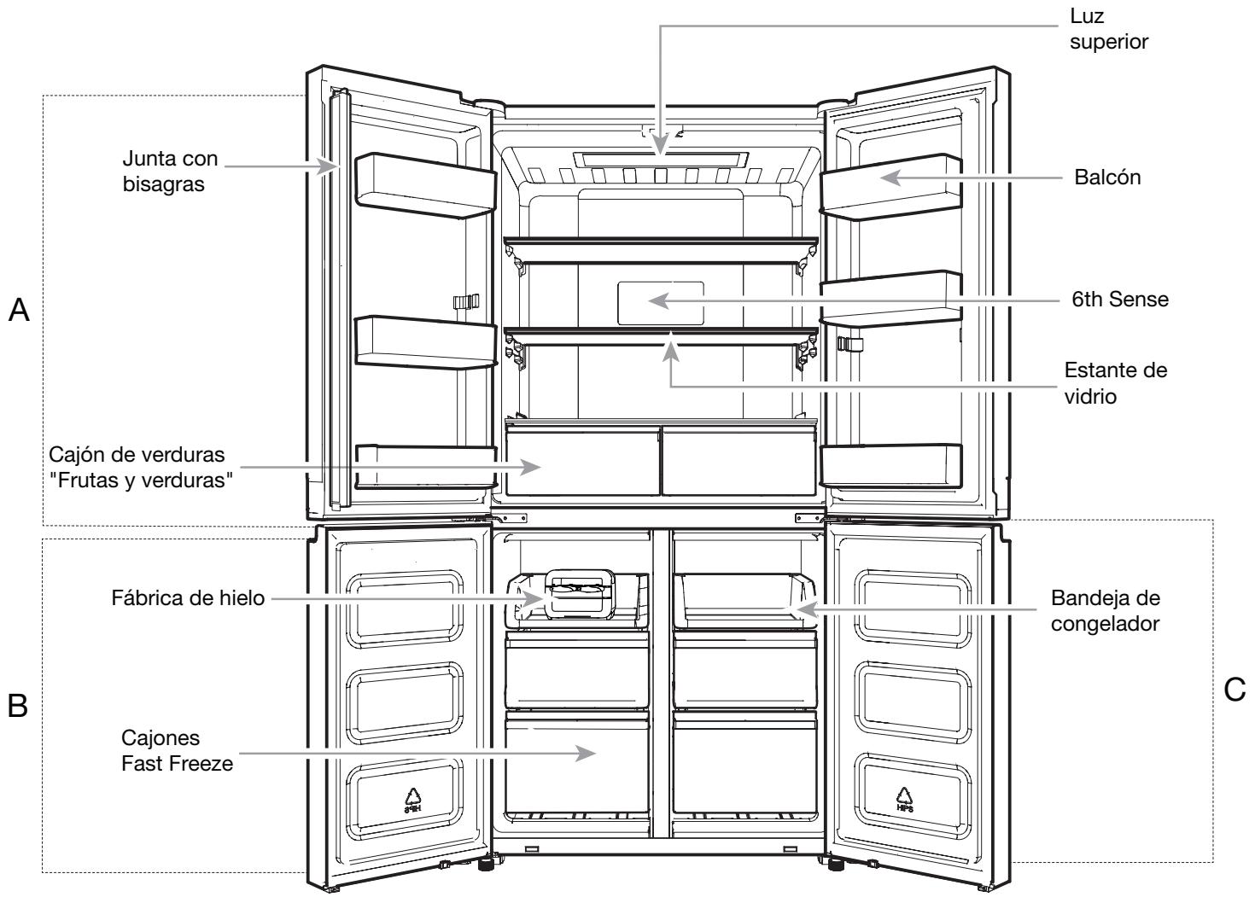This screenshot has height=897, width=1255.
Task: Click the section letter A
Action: pos(19,310)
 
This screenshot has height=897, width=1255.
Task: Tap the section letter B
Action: pos(17,706)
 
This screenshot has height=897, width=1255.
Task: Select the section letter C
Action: pos(1235,690)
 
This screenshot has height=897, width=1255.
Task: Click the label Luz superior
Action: pos(1108,29)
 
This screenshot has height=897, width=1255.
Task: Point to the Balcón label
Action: pos(1107,178)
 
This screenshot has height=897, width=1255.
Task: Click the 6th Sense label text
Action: pos(1120,300)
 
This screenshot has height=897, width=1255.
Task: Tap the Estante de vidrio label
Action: pos(1116,383)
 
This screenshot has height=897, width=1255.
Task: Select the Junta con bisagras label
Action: pos(170,172)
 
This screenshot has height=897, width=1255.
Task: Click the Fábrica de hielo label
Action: pos(188,598)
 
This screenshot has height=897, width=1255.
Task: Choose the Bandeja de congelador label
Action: pos(1105,611)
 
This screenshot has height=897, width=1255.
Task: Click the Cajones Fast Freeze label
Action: pos(177,751)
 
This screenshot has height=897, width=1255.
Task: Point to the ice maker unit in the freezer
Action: pos(580,594)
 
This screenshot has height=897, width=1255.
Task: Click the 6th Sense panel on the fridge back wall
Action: pos(661,303)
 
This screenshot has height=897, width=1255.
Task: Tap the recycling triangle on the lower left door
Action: pos(412,801)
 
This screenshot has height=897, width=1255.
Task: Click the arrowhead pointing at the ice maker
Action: pos(532,598)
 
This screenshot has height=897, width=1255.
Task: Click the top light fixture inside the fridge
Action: pos(661,160)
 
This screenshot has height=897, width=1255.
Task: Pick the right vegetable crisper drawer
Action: pos(738,460)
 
